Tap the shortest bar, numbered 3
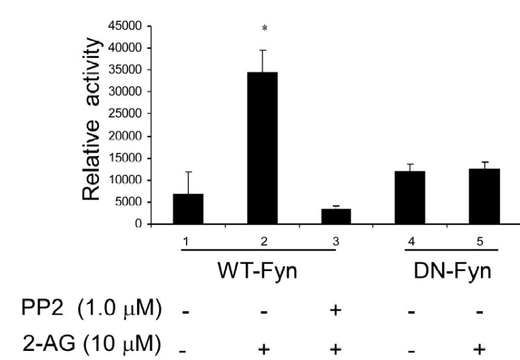[x=336, y=216]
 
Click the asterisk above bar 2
[x=265, y=29]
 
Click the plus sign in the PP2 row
[x=336, y=309]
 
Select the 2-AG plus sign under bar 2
[x=265, y=348]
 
